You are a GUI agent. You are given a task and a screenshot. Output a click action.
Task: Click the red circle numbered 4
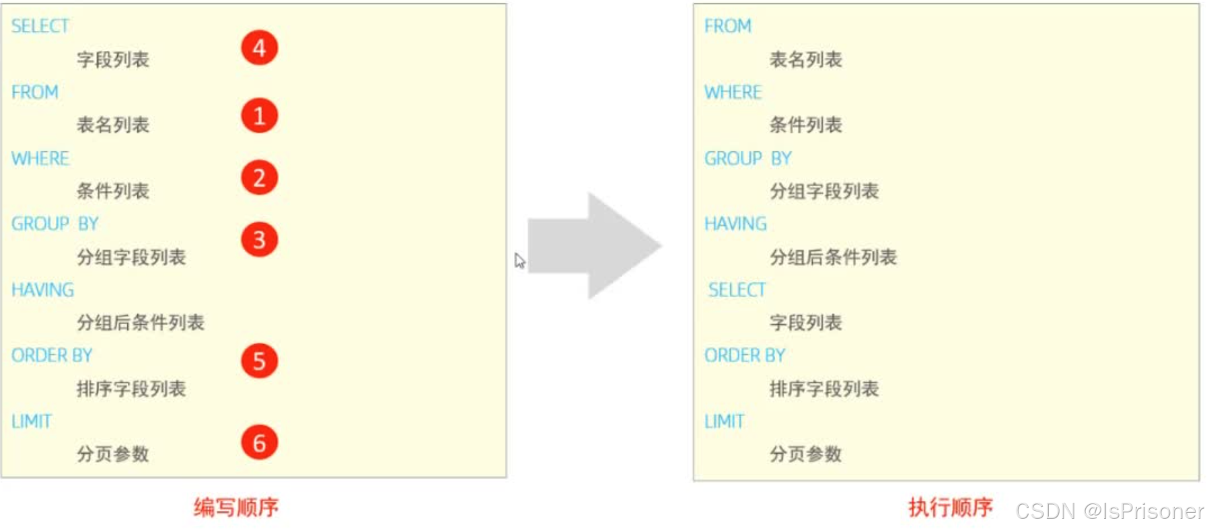259,48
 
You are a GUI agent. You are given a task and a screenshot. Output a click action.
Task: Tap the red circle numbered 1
259,116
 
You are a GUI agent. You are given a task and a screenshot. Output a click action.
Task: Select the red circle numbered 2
259,178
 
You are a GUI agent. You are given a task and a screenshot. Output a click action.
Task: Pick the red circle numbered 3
259,240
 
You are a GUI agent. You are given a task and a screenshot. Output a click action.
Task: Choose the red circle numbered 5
259,362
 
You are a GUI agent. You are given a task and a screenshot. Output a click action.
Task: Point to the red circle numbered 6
259,443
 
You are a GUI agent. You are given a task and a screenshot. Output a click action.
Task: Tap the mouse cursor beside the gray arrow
519,261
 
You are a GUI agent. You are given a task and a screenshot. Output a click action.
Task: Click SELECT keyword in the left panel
40,26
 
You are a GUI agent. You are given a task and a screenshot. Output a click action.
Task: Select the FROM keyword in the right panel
727,26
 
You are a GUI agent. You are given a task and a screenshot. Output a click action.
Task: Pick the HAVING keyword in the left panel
42,290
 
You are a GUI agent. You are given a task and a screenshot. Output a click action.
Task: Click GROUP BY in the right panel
747,159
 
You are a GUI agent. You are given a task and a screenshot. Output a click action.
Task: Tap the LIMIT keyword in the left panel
32,421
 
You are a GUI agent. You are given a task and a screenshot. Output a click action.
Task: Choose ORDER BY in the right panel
744,356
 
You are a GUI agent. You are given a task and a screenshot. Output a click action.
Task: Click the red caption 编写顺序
236,507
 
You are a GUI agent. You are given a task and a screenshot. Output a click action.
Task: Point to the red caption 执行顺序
950,507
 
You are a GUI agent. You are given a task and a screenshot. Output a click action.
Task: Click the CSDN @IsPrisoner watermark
1109,512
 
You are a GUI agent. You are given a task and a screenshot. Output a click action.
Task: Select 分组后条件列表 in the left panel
140,323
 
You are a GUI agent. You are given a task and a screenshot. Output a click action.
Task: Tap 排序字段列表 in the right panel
824,389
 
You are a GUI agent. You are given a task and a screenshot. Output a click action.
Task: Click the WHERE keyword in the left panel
40,159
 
